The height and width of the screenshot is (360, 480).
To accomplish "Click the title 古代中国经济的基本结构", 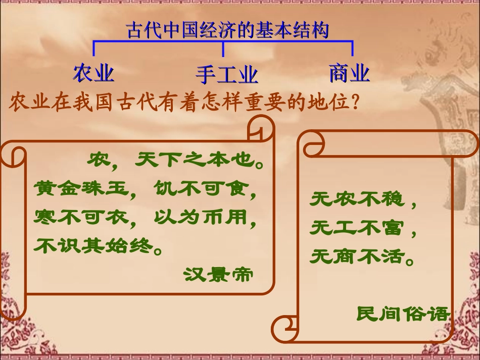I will click(227, 30).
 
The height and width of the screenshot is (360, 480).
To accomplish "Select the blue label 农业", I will click(94, 73).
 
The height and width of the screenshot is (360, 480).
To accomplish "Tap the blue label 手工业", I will click(227, 75).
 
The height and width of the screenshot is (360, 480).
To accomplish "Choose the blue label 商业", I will click(349, 73).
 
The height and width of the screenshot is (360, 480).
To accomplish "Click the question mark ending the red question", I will click(355, 102).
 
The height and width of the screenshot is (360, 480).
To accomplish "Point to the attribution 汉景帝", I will click(218, 274).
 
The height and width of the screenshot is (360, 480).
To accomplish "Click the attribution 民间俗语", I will click(402, 314).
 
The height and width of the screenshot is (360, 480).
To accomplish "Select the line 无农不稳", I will click(357, 200).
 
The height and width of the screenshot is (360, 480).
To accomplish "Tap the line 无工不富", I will click(357, 229).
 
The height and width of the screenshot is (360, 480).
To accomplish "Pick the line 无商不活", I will click(357, 258).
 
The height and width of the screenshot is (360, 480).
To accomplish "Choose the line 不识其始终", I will click(94, 246).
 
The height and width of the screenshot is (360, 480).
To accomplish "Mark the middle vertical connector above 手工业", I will click(223, 49).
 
